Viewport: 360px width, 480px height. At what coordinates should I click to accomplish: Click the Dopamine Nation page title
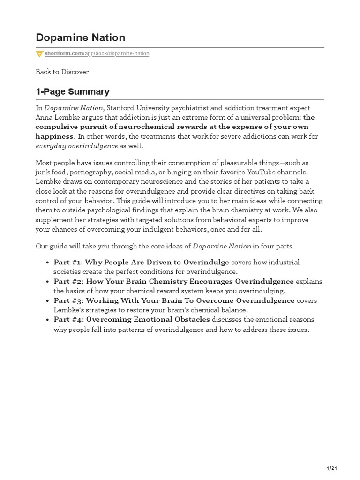[80, 37]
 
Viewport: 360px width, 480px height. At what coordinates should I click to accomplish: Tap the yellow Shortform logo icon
[39, 54]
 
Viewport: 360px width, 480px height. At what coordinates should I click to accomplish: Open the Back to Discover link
[62, 72]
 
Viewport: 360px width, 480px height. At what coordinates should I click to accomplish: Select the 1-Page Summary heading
[73, 91]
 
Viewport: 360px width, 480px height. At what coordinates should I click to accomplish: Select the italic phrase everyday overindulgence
[77, 146]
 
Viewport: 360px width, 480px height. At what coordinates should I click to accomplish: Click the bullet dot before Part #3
[48, 301]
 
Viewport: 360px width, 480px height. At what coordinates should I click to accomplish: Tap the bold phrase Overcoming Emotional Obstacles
[148, 320]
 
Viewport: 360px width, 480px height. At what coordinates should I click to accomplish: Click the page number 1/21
[331, 468]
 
